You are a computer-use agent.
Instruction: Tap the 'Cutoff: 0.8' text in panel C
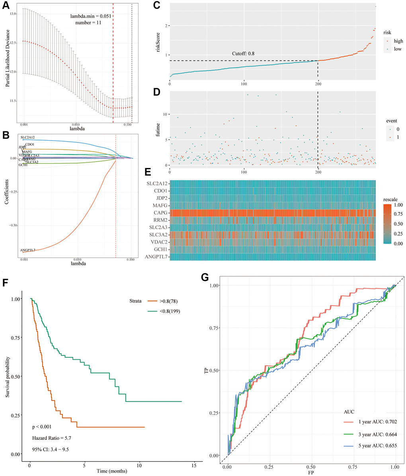pyautogui.click(x=244, y=53)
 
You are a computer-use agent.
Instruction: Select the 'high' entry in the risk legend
pyautogui.click(x=397, y=41)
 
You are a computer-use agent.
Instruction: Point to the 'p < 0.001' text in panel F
pyautogui.click(x=44, y=427)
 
